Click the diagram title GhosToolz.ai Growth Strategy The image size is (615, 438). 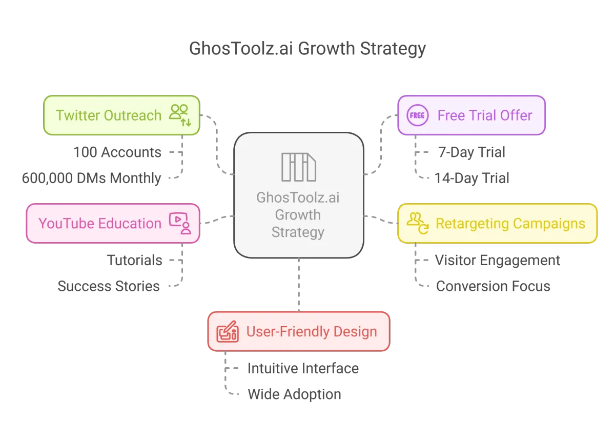click(x=307, y=49)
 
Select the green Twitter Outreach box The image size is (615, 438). click(x=121, y=115)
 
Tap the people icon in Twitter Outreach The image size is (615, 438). click(x=180, y=115)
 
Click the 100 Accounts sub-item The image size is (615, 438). click(x=117, y=152)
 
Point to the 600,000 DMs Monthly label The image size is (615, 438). click(x=91, y=178)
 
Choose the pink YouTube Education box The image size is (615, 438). click(x=113, y=223)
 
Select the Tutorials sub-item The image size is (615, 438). click(x=135, y=261)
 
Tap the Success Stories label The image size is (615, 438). click(x=109, y=286)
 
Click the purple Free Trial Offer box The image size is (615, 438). click(x=471, y=115)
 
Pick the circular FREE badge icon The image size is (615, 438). click(x=417, y=115)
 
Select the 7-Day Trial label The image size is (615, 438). click(x=471, y=152)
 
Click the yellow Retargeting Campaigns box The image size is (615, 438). click(x=497, y=224)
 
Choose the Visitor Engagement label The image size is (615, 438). click(x=498, y=261)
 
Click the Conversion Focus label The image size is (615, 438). click(x=493, y=286)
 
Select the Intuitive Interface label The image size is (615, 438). click(x=302, y=368)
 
